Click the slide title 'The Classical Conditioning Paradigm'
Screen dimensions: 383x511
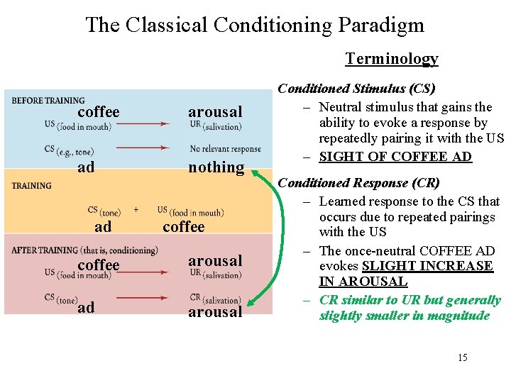pos(255,26)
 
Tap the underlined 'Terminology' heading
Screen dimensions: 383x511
pos(392,59)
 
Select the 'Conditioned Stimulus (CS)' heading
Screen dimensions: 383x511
pos(356,89)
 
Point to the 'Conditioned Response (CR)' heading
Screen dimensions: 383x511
pos(359,183)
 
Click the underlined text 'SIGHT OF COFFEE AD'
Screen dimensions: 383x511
pos(395,157)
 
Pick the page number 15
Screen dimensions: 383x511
pos(462,357)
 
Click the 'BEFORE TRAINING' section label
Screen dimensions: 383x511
pos(48,101)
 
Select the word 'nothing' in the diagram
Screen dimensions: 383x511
pos(216,167)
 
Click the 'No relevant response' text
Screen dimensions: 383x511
pos(226,149)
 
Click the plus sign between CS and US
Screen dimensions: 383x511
pos(136,210)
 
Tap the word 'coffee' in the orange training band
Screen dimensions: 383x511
pos(183,227)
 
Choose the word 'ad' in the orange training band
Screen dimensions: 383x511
pos(103,227)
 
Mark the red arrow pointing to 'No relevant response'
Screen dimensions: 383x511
pos(143,148)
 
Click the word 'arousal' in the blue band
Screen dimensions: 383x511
pos(215,111)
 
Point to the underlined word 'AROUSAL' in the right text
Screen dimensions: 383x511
pos(363,281)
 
